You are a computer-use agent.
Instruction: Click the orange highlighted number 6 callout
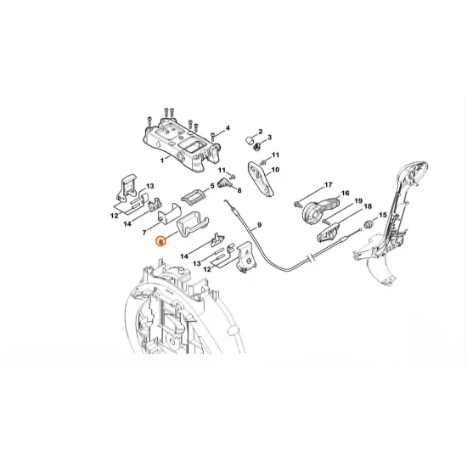click(x=160, y=241)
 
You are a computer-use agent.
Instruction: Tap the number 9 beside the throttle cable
click(x=259, y=224)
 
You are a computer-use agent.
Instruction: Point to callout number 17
click(x=328, y=184)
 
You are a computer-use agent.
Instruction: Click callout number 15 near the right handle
click(x=381, y=216)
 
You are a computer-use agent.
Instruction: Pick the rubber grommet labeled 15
click(x=369, y=224)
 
